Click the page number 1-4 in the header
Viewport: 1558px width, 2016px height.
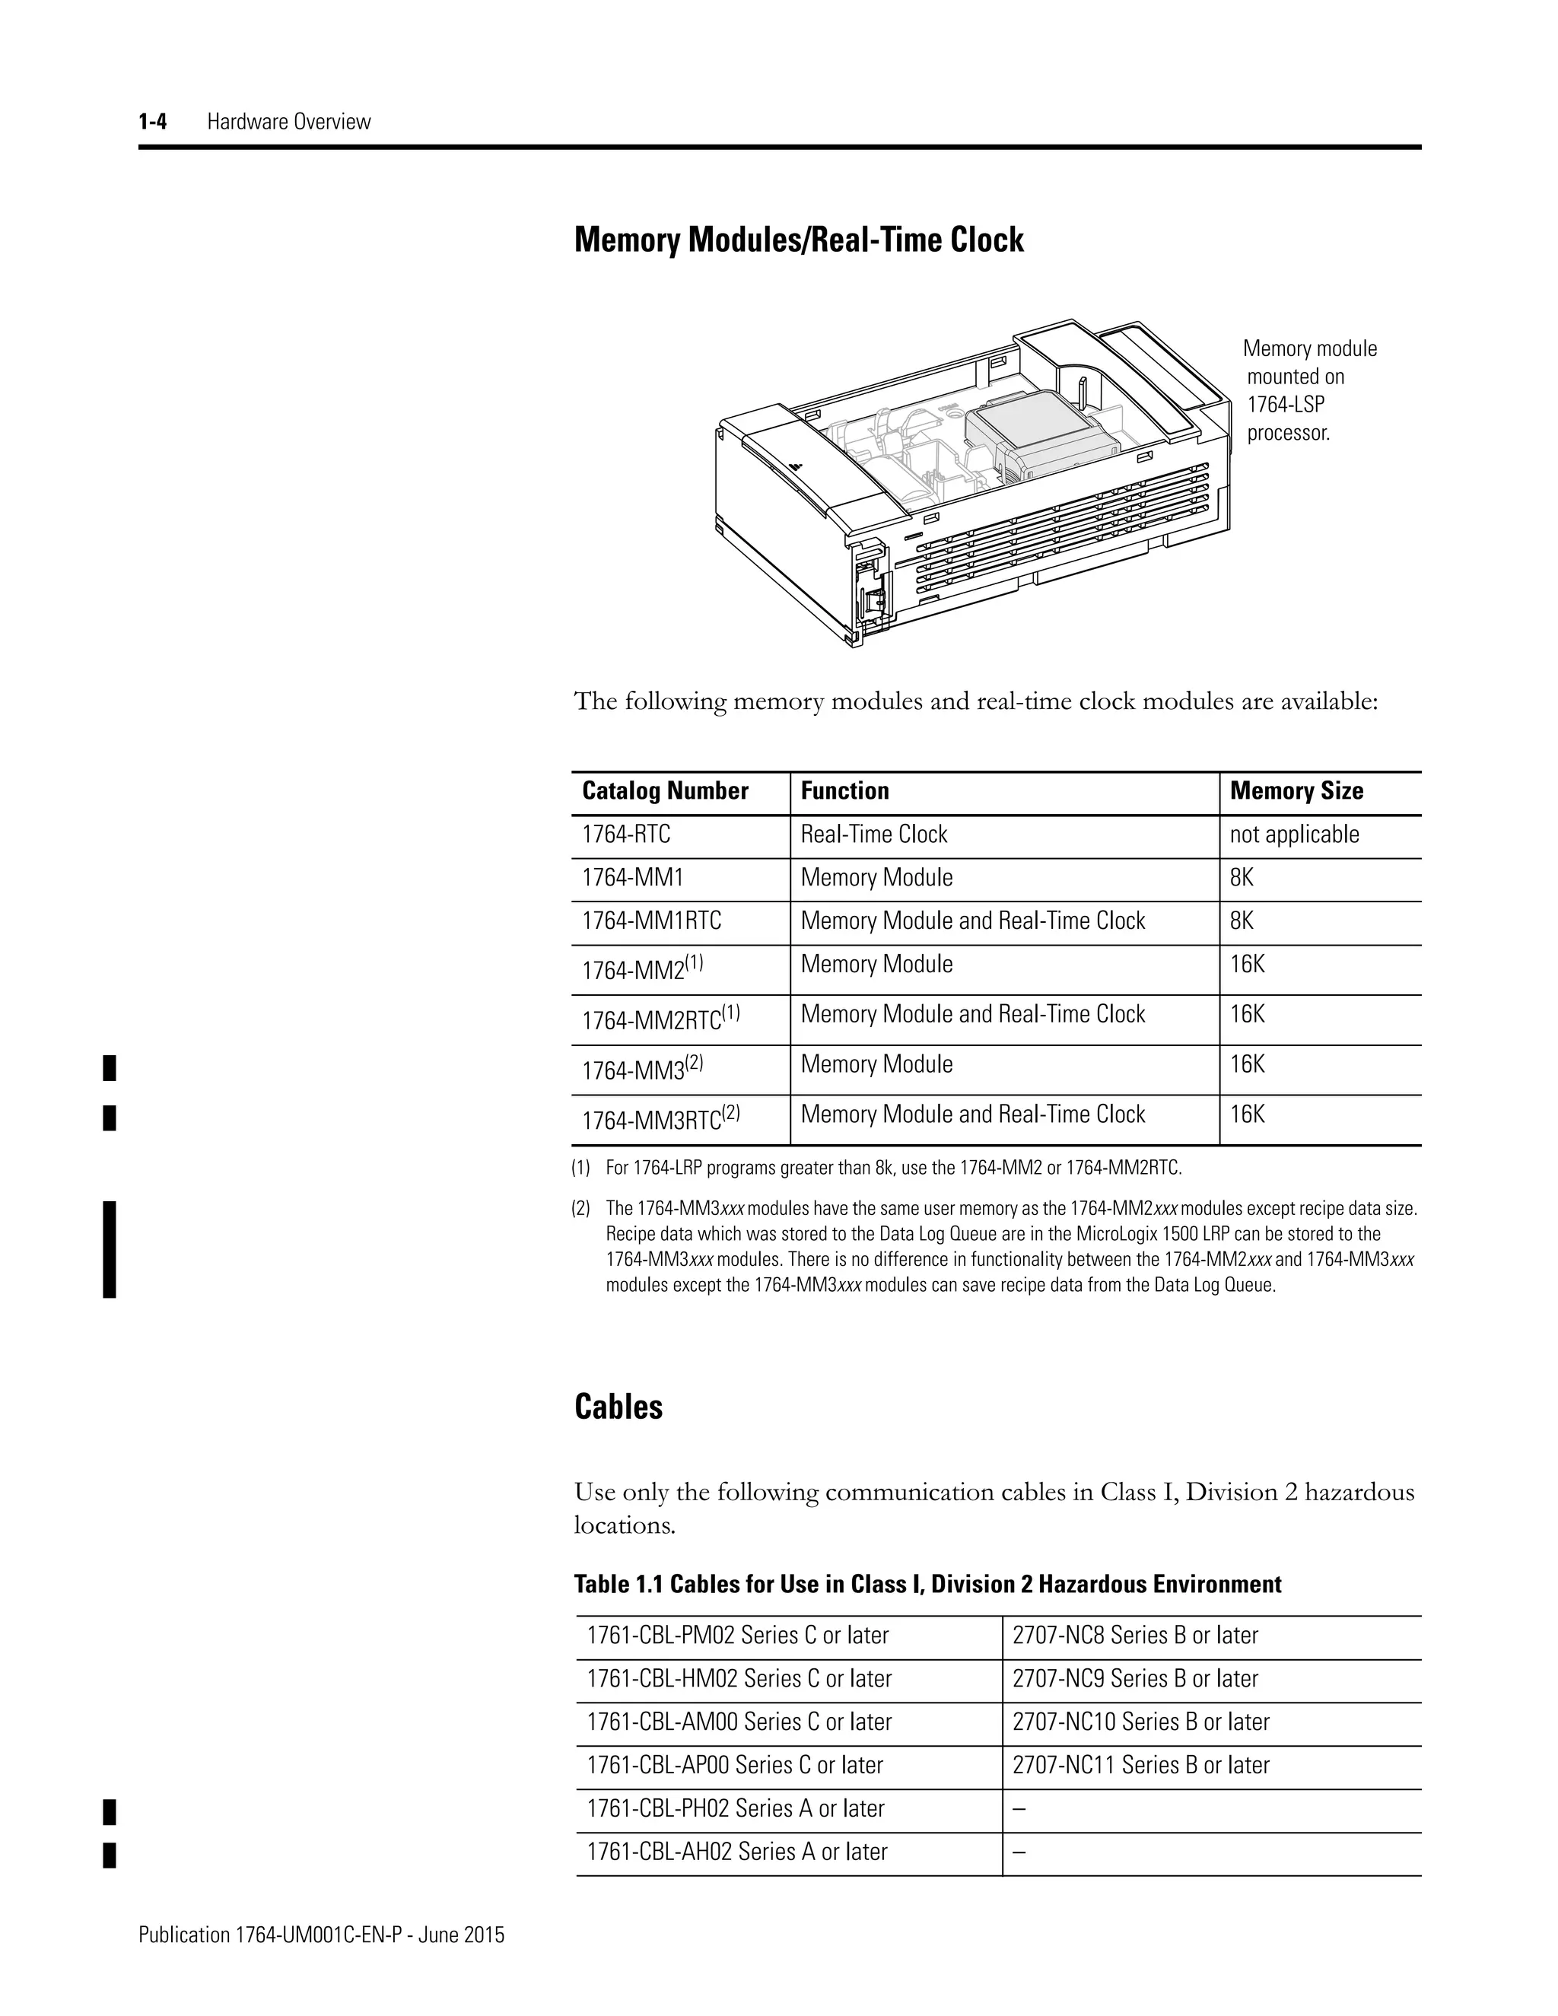tap(152, 121)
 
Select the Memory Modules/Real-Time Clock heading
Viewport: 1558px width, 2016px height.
tap(798, 240)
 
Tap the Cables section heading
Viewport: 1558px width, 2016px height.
tap(618, 1407)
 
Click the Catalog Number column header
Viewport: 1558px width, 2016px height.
tap(665, 791)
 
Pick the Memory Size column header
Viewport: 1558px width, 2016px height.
tap(1296, 791)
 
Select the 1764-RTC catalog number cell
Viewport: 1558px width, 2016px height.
tap(626, 835)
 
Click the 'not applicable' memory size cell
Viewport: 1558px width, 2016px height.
tap(1294, 835)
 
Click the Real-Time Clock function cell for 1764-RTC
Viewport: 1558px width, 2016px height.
tap(873, 835)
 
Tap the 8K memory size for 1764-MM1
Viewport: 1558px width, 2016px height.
tap(1242, 878)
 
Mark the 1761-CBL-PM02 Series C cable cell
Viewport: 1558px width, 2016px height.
tap(737, 1636)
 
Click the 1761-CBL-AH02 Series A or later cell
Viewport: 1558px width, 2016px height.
tap(736, 1852)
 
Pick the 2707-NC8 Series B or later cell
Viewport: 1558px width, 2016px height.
tap(1134, 1636)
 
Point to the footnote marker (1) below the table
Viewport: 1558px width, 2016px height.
tap(580, 1169)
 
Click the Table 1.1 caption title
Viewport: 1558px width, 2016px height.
tap(927, 1585)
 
